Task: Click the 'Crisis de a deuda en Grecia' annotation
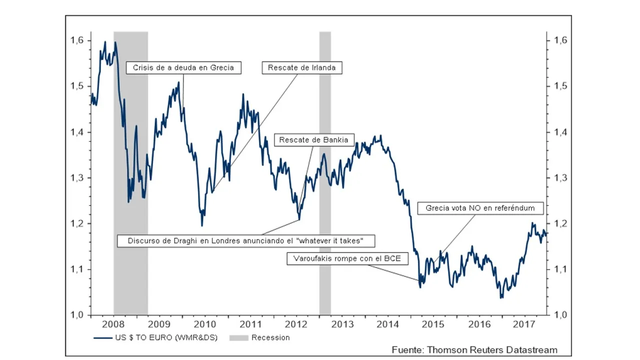coord(183,67)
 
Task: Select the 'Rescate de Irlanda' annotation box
coord(301,67)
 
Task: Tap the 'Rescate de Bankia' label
coord(313,139)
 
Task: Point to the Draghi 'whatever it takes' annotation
coord(246,240)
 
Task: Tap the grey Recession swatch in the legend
coord(238,338)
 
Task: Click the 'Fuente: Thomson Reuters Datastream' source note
coord(474,349)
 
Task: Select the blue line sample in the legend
coord(102,338)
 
